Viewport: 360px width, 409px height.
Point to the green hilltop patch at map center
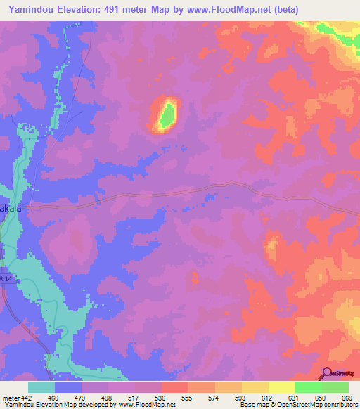(167, 114)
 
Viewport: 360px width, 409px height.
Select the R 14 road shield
(6, 280)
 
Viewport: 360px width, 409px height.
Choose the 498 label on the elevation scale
(95, 398)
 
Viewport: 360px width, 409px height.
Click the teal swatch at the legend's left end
(41, 387)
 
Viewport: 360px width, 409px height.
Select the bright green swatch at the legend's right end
(335, 387)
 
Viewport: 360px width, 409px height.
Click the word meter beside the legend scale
(10, 398)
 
